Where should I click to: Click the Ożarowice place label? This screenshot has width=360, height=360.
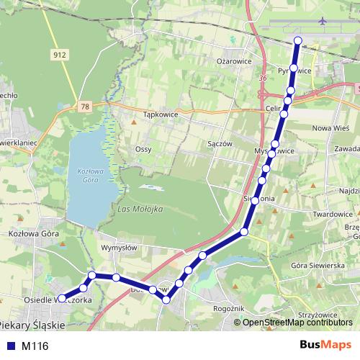pyautogui.click(x=234, y=61)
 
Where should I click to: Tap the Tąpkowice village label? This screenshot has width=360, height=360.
pyautogui.click(x=161, y=114)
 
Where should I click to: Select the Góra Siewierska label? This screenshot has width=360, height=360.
pyautogui.click(x=314, y=265)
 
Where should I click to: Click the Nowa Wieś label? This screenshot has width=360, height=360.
pyautogui.click(x=325, y=127)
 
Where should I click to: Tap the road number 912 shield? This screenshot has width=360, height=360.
pyautogui.click(x=60, y=54)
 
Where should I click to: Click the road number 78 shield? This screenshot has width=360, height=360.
pyautogui.click(x=86, y=107)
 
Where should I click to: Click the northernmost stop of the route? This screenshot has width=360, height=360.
pyautogui.click(x=298, y=40)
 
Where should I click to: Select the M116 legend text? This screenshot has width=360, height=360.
pyautogui.click(x=35, y=346)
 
